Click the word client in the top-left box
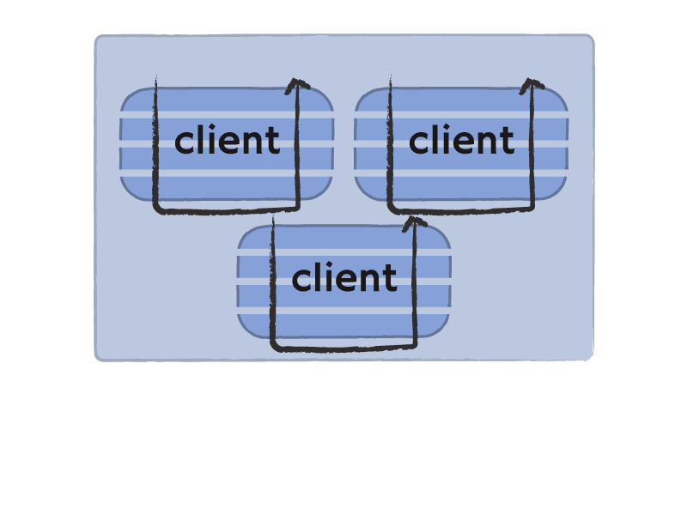click(x=227, y=140)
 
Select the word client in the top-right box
click(x=461, y=140)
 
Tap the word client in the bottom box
click(x=344, y=277)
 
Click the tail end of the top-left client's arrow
click(x=155, y=76)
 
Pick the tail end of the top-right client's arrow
click(x=390, y=76)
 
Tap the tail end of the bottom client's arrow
click(x=273, y=215)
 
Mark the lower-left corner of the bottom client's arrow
click(x=274, y=348)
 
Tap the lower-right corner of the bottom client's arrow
click(x=415, y=346)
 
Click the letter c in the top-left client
click(x=184, y=143)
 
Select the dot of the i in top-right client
click(x=446, y=127)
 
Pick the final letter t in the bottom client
click(x=390, y=279)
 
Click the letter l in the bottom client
click(x=316, y=276)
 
